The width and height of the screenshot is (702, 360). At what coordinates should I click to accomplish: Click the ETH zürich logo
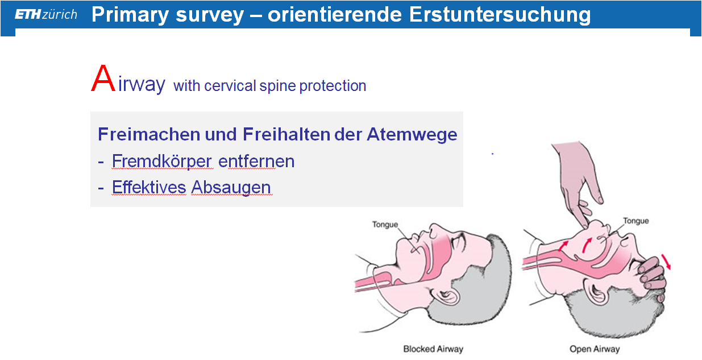[x=45, y=14]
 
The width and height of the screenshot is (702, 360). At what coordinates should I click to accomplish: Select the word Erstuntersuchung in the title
[x=500, y=15]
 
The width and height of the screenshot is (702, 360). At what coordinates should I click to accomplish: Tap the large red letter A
[x=103, y=78]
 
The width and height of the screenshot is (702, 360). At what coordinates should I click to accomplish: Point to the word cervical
[x=230, y=86]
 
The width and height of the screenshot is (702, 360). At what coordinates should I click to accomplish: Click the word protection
[x=333, y=86]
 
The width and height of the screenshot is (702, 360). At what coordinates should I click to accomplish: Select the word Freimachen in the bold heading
[x=149, y=134]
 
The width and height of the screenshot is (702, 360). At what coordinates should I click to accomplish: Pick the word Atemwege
[x=412, y=135]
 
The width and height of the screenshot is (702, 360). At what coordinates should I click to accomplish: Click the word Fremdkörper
[x=162, y=161]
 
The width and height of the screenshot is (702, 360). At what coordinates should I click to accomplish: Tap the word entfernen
[x=256, y=162]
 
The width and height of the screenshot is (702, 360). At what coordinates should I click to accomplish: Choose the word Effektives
[x=149, y=187]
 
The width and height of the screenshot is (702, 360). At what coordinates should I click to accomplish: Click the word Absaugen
[x=231, y=188]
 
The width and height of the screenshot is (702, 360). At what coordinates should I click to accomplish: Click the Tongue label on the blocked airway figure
[x=385, y=225]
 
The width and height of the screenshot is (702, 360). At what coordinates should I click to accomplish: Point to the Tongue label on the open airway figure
[x=636, y=221]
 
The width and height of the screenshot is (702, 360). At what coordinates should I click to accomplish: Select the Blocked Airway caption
[x=433, y=349]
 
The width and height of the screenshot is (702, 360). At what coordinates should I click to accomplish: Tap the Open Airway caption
[x=595, y=349]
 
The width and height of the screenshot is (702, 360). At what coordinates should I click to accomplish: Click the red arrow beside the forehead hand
[x=666, y=262]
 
